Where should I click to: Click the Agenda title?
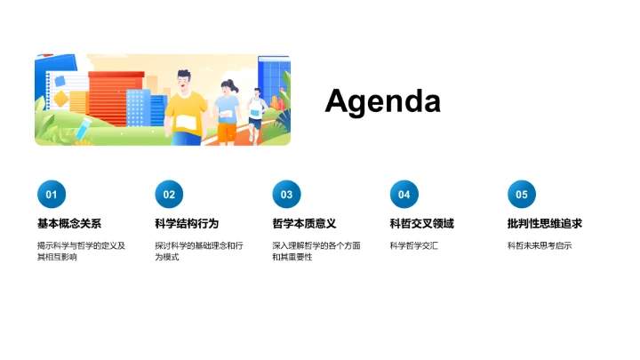[x=382, y=100]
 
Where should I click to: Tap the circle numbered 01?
[x=51, y=194]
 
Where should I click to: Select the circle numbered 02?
[x=169, y=194]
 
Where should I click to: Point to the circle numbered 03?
[x=286, y=194]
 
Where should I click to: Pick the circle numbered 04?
[x=404, y=194]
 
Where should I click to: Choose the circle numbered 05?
[x=522, y=194]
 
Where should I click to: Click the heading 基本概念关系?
[x=69, y=223]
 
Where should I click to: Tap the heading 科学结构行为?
[x=187, y=223]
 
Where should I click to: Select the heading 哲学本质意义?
[x=304, y=223]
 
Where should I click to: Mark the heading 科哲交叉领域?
[x=422, y=223]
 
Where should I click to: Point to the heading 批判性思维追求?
[x=545, y=223]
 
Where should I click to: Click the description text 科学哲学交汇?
[x=414, y=245]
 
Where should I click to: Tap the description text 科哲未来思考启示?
[x=540, y=245]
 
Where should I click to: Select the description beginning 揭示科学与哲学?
[x=81, y=251]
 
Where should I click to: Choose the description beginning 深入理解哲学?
[x=316, y=251]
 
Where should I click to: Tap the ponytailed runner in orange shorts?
[x=228, y=111]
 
